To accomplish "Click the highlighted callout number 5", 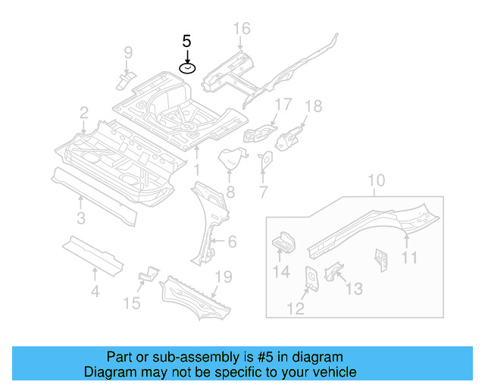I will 186,41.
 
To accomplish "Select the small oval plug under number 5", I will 186,68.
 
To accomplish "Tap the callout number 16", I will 241,29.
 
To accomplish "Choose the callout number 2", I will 83,113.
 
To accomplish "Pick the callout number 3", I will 81,220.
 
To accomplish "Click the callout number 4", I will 94,289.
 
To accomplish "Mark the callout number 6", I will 232,242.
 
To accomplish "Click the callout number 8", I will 230,192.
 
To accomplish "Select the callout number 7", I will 263,192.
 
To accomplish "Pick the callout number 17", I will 282,104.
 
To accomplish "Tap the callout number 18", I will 313,106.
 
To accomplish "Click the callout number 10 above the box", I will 377,181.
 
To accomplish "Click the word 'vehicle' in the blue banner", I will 331,372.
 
